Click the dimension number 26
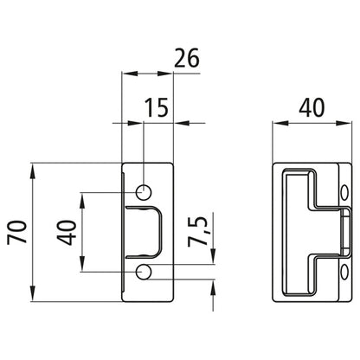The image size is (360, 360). click(x=185, y=59)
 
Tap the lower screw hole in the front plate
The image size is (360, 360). click(x=144, y=273)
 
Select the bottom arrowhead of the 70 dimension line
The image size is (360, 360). click(x=34, y=294)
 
